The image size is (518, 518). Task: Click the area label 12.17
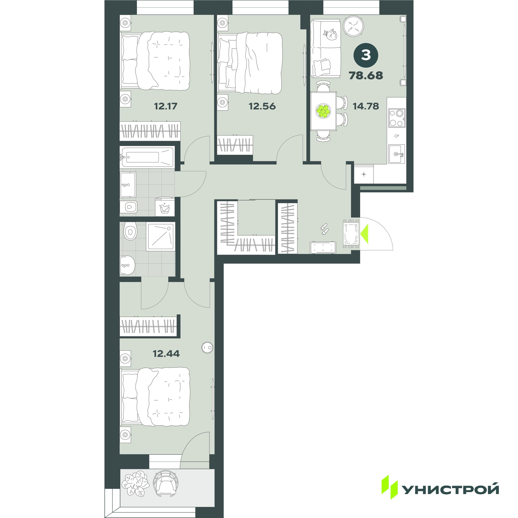[166, 106]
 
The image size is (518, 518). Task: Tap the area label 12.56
[262, 106]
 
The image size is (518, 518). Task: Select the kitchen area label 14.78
[366, 106]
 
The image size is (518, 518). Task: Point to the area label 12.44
[166, 353]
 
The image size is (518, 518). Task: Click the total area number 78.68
[366, 75]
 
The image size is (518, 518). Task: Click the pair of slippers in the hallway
[324, 229]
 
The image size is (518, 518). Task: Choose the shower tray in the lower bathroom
[161, 237]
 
